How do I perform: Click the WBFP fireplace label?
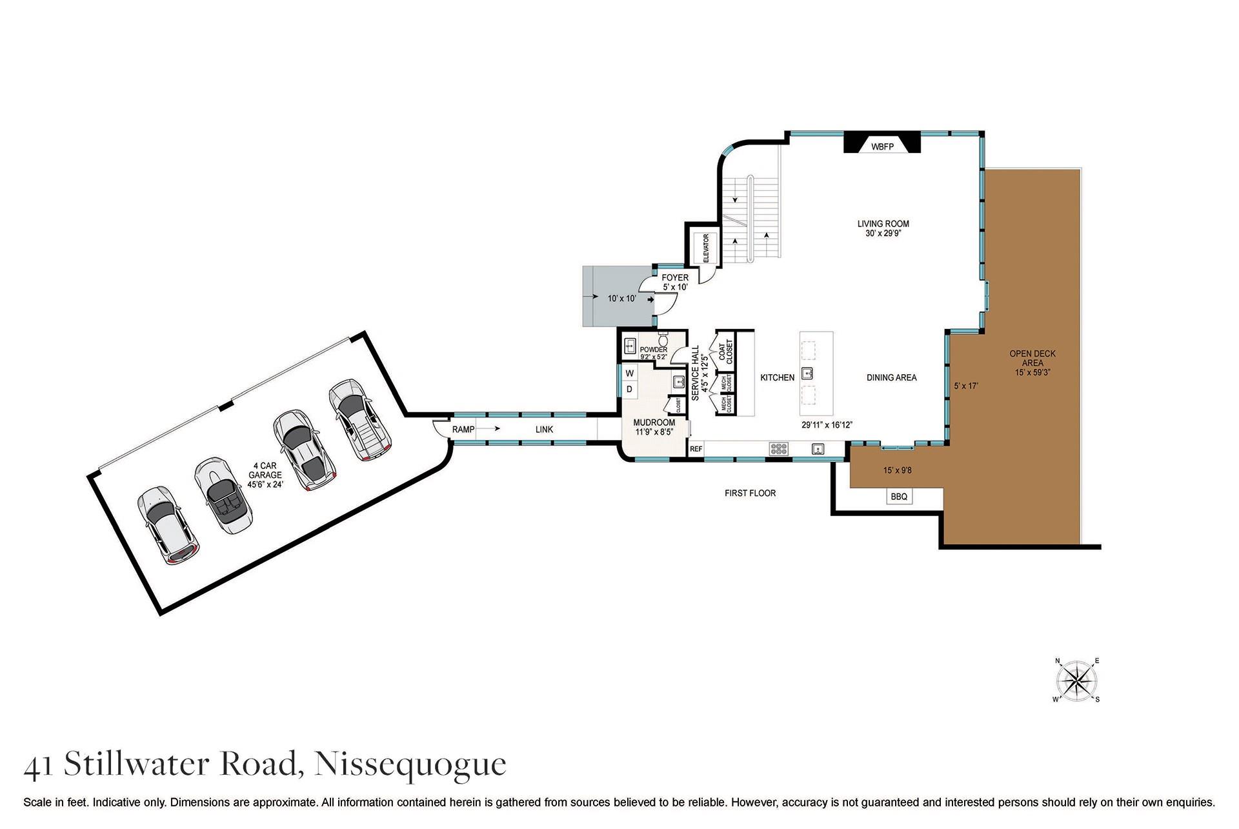pyautogui.click(x=882, y=147)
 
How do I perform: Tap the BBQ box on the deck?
pyautogui.click(x=899, y=496)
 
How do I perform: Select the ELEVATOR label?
pyautogui.click(x=705, y=248)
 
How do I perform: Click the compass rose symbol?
pyautogui.click(x=1077, y=681)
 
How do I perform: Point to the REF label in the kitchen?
pyautogui.click(x=696, y=449)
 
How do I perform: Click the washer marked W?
pyautogui.click(x=629, y=374)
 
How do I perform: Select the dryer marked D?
pyautogui.click(x=629, y=389)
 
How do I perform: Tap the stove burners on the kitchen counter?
pyautogui.click(x=778, y=449)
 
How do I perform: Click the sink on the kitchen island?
pyautogui.click(x=807, y=373)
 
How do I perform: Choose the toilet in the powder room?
pyautogui.click(x=663, y=340)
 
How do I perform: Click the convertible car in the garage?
pyautogui.click(x=223, y=495)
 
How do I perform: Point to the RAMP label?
pyautogui.click(x=463, y=429)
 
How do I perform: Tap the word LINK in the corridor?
pyautogui.click(x=544, y=429)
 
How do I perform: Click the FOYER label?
pyautogui.click(x=675, y=278)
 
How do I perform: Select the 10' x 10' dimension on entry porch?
pyautogui.click(x=621, y=299)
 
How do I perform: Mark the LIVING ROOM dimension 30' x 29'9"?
pyautogui.click(x=883, y=234)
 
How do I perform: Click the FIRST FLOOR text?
pyautogui.click(x=750, y=493)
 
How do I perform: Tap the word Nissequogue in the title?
pyautogui.click(x=410, y=764)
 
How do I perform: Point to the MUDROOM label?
pyautogui.click(x=654, y=423)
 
